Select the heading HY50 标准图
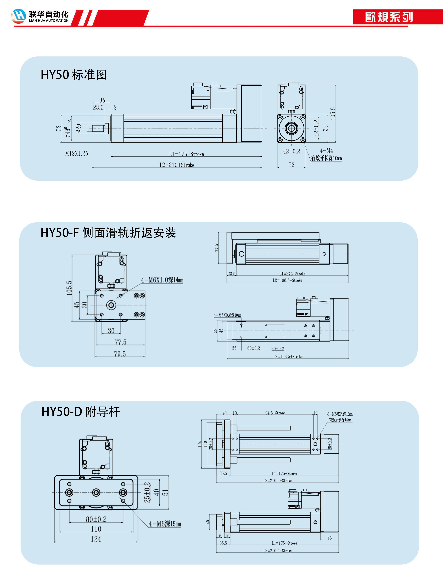74,75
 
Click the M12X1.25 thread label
77,153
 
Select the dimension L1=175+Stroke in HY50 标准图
186,154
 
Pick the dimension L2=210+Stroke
177,165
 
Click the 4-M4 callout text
326,151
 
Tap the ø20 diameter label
78,128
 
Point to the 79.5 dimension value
120,354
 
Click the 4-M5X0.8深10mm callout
227,315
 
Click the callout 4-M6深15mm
165,524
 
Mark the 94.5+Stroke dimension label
275,413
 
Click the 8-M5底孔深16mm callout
340,414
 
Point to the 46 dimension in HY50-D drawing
329,538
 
